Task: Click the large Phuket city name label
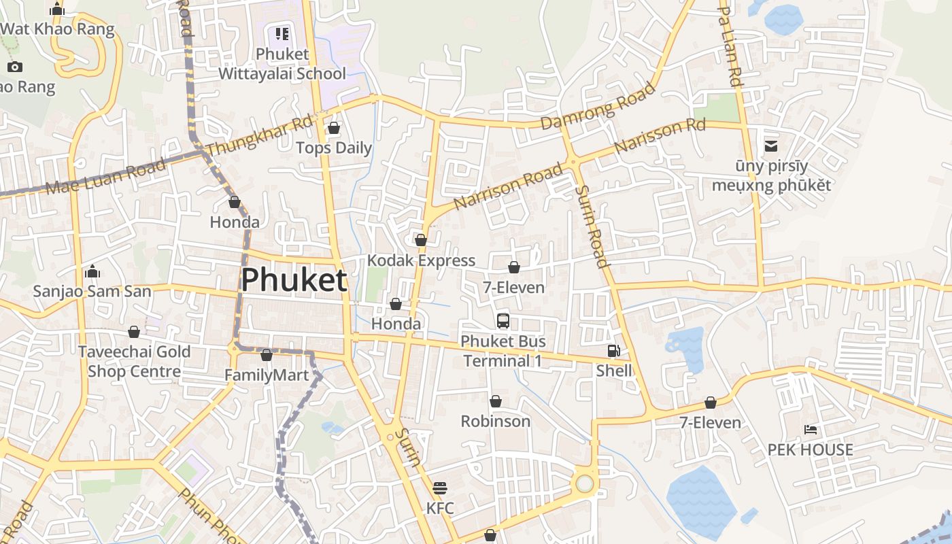(294, 279)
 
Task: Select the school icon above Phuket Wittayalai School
(282, 34)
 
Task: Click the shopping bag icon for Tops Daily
(334, 128)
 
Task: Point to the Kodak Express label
(421, 260)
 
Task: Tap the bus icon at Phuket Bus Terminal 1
(503, 321)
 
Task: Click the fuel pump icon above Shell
(613, 351)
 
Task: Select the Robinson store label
(495, 421)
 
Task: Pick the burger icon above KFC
(440, 488)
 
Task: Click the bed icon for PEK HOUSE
(811, 430)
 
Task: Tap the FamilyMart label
(267, 375)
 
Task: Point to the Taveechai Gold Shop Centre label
(134, 361)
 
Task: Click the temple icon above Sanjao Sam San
(92, 273)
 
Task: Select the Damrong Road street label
(598, 106)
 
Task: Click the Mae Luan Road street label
(105, 177)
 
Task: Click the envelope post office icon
(771, 146)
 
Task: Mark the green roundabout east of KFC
(585, 483)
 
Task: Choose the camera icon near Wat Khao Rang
(15, 67)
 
